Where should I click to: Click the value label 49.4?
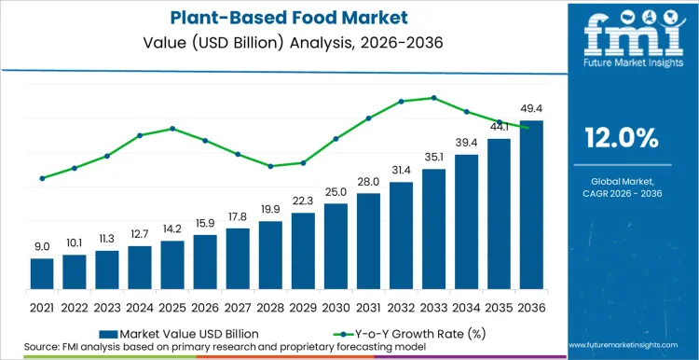[531, 110]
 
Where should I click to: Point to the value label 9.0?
[42, 246]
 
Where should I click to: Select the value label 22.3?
[303, 201]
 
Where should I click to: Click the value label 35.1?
[433, 158]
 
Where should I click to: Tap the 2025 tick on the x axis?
[172, 306]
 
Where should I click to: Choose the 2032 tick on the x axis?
[401, 306]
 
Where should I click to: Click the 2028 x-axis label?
[270, 306]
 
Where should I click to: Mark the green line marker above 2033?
[433, 98]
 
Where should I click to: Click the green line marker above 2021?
[42, 178]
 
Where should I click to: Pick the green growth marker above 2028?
[270, 166]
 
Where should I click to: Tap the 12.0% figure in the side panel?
[622, 138]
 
